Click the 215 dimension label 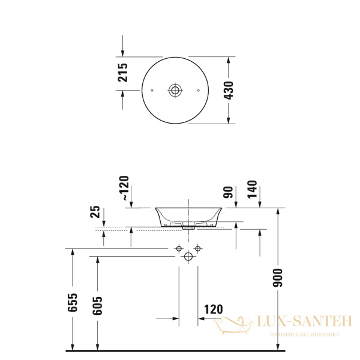(123, 72)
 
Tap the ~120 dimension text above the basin (124, 188)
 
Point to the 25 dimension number (95, 211)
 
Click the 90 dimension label (227, 193)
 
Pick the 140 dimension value (252, 190)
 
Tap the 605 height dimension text (98, 305)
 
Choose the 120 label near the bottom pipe (212, 310)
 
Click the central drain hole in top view (175, 91)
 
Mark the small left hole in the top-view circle (152, 91)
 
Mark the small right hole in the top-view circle (199, 91)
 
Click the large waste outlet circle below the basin (188, 257)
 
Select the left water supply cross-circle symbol (179, 248)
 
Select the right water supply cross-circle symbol (197, 248)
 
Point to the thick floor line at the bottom (180, 350)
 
